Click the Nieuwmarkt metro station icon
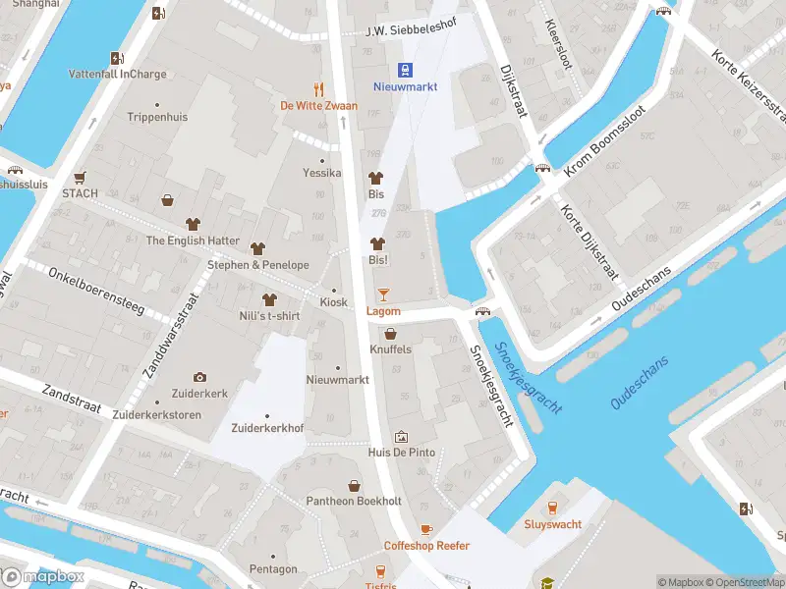point(404,69)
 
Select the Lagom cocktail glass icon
point(383,294)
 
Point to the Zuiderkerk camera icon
point(200,377)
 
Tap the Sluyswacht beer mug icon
point(552,507)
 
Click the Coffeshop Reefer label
point(426,546)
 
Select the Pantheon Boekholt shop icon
point(354,486)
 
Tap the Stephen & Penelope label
point(257,265)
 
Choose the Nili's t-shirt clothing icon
point(268,298)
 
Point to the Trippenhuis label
point(157,117)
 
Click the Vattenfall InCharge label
point(118,74)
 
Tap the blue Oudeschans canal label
point(639,383)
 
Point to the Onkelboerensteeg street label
point(95,292)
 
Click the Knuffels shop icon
point(391,334)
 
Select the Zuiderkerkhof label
point(267,429)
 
